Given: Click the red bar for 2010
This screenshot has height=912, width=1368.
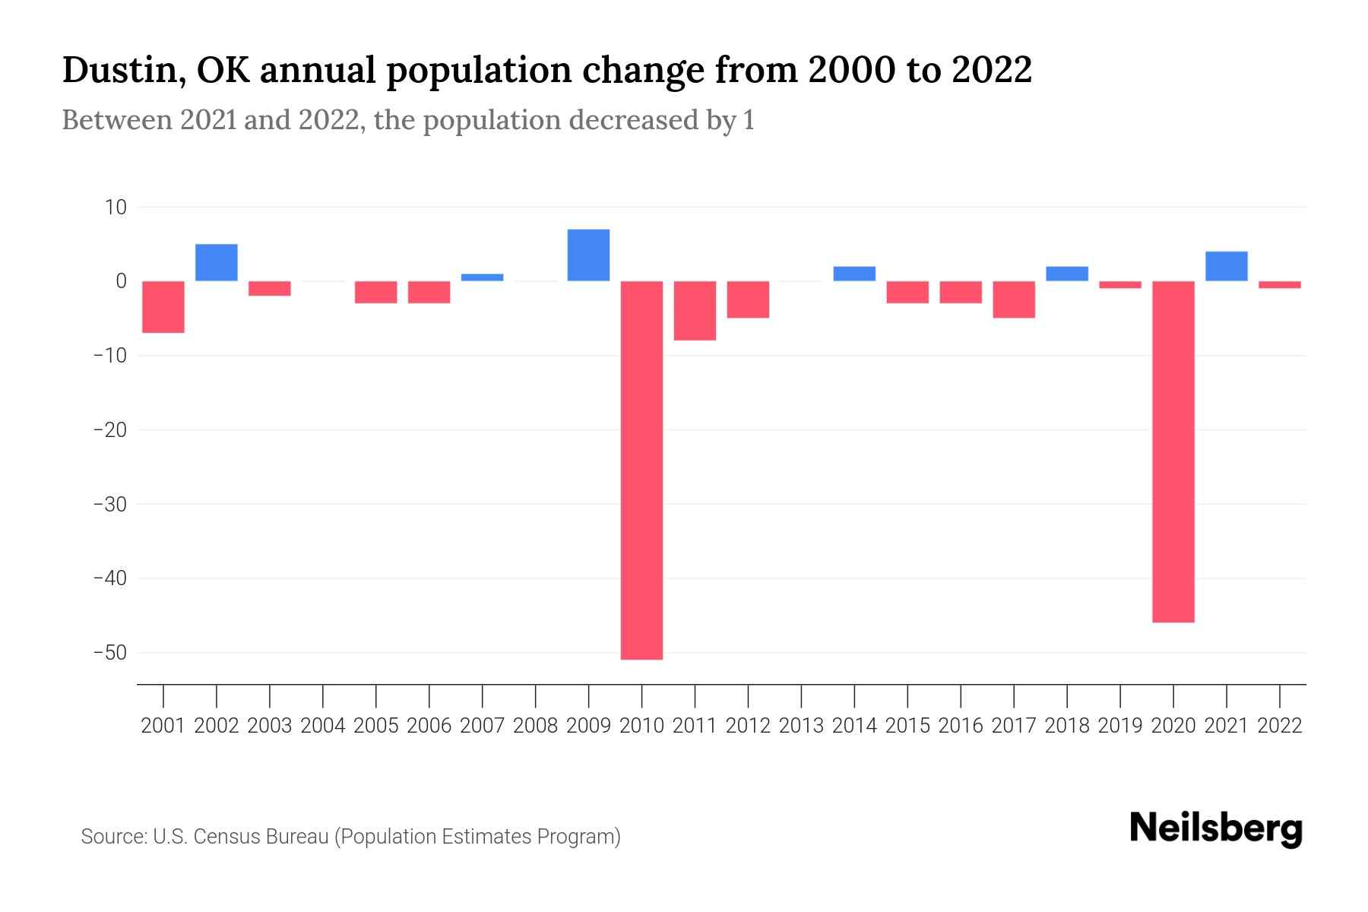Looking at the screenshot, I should (x=641, y=470).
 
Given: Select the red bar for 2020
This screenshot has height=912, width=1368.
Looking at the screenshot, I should (x=1173, y=451).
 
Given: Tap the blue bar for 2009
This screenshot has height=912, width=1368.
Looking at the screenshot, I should (x=588, y=255).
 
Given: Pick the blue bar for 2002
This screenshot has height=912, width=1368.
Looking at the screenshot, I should (x=217, y=262).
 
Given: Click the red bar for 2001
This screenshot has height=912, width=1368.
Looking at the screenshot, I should (x=163, y=306).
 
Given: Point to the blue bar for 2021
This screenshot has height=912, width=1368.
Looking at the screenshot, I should (x=1226, y=266).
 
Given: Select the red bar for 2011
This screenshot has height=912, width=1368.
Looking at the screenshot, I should (x=695, y=310).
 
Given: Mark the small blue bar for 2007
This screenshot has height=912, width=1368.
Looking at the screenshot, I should (x=482, y=277).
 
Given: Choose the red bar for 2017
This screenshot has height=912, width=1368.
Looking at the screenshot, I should (x=1013, y=299).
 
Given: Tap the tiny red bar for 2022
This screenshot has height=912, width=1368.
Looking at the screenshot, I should (x=1279, y=285).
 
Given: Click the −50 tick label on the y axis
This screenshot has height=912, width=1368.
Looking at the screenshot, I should (x=109, y=653).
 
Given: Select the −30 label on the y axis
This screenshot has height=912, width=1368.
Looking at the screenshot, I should (x=109, y=504).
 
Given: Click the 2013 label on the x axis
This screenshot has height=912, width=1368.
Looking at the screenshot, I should (x=801, y=726).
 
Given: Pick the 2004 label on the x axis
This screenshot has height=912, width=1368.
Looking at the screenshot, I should (x=323, y=726).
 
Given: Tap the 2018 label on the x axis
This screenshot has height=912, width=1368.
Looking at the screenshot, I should (x=1066, y=726).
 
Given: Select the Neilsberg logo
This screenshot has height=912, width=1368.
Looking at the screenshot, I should (x=1215, y=828).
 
